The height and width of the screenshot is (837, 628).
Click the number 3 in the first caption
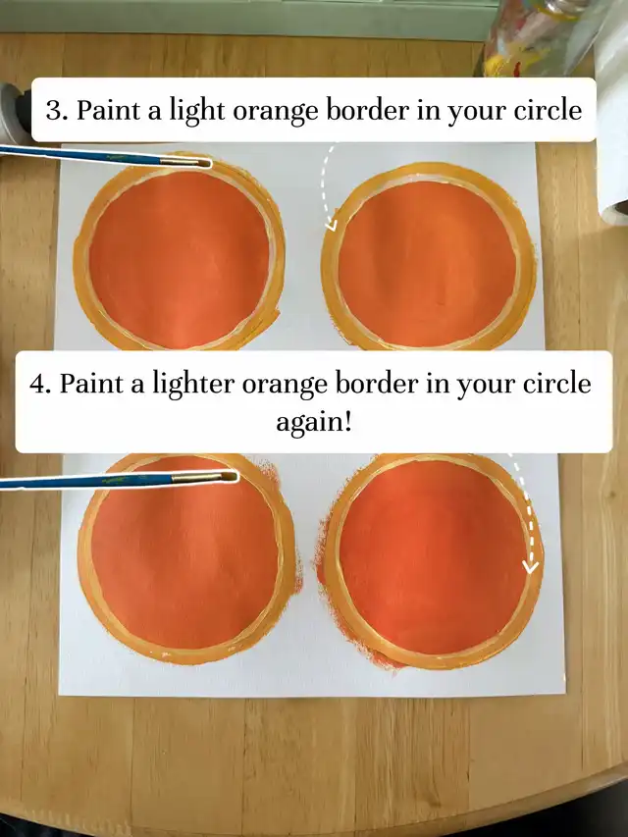pyautogui.click(x=53, y=111)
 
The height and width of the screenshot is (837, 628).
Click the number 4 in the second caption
pyautogui.click(x=37, y=384)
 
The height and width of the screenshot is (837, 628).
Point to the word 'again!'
pyautogui.click(x=314, y=423)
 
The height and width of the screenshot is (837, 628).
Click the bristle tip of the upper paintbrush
pyautogui.click(x=209, y=163)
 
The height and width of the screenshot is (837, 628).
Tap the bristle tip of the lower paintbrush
pyautogui.click(x=235, y=476)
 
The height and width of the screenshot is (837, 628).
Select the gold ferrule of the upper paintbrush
pyautogui.click(x=180, y=160)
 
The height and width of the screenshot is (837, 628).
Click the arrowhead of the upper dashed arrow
pyautogui.click(x=331, y=225)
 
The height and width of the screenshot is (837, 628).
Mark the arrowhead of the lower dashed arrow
pyautogui.click(x=530, y=565)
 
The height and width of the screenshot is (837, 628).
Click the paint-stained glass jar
pyautogui.click(x=534, y=37)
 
